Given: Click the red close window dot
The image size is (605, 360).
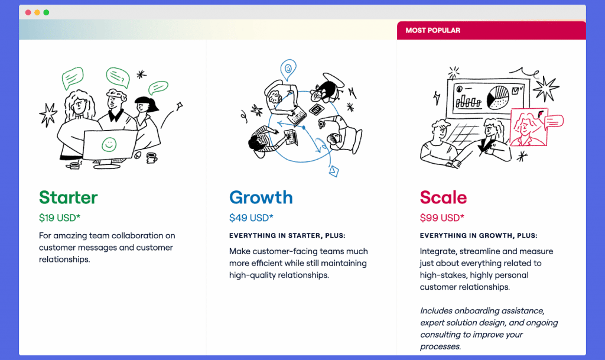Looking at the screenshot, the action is [28, 12].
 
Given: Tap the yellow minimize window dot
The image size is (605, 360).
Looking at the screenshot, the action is [37, 12].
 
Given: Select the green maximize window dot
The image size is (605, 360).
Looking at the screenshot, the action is [46, 12].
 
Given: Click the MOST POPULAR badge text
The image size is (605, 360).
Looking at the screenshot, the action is [433, 31].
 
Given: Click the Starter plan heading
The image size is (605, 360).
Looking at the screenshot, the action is [69, 197].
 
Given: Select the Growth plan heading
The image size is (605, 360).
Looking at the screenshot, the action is [261, 197].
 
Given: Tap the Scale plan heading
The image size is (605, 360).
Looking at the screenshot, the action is [443, 197].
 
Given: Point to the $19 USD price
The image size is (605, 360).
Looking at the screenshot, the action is [60, 218].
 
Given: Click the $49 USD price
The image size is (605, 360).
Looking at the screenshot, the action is [251, 218].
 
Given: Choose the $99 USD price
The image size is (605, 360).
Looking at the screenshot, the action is [442, 218].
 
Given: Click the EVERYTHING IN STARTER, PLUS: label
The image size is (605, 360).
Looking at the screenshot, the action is [288, 235].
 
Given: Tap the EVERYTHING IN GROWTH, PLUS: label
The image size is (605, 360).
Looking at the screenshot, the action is [479, 235].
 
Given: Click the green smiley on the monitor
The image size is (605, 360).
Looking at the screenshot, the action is [109, 144].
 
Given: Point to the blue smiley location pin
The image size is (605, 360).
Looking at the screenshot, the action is [288, 69].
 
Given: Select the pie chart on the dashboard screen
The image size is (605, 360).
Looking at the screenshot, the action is [498, 97].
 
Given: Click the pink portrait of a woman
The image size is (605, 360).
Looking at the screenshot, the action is [528, 127].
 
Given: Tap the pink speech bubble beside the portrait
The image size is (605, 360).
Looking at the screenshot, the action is [554, 121].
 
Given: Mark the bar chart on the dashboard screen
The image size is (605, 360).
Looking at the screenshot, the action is [469, 101].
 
